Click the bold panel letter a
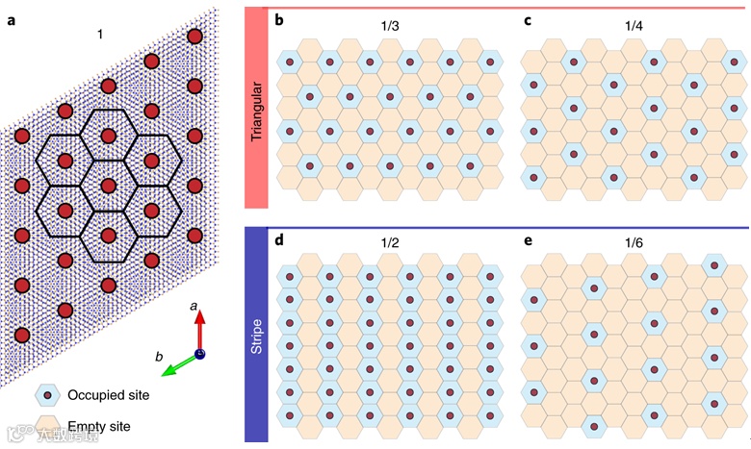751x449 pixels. [11, 16]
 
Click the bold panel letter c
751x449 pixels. [526, 17]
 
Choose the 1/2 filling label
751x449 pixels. [389, 244]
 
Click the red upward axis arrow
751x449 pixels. [199, 332]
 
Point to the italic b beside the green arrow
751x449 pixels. [160, 358]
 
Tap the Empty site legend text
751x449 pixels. [99, 425]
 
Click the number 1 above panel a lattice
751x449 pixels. [99, 35]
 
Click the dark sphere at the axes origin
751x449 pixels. [200, 354]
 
